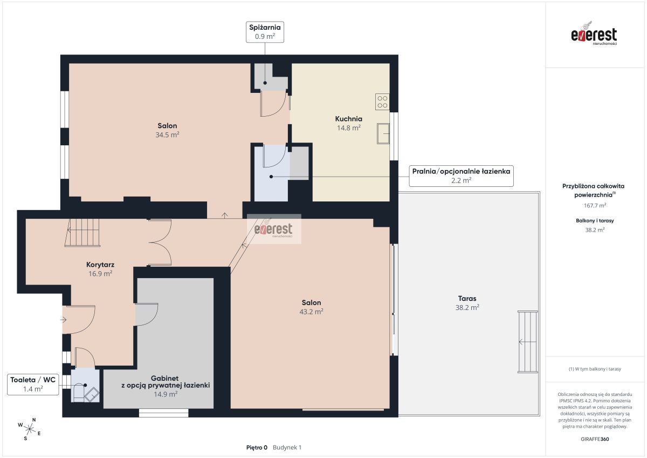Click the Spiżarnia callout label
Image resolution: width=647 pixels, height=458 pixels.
pyautogui.click(x=265, y=32)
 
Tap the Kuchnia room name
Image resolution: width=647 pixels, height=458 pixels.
pyautogui.click(x=349, y=119)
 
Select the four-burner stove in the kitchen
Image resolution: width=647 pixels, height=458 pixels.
pyautogui.click(x=382, y=102)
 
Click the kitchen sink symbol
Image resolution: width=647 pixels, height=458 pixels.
pyautogui.click(x=383, y=133)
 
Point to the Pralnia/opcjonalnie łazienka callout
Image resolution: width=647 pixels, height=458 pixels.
pyautogui.click(x=462, y=176)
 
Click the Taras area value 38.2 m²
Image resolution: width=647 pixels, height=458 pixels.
pyautogui.click(x=467, y=307)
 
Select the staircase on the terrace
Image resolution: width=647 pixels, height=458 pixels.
pyautogui.click(x=528, y=342)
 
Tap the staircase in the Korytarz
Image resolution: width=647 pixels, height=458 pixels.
pyautogui.click(x=82, y=233)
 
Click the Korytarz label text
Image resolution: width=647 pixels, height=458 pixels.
pyautogui.click(x=100, y=265)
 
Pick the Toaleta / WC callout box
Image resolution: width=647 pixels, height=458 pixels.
pyautogui.click(x=33, y=385)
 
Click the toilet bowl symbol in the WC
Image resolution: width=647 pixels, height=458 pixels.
pyautogui.click(x=78, y=393)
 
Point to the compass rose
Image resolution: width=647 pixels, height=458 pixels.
pyautogui.click(x=30, y=429)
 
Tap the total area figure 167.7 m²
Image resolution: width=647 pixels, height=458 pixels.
pyautogui.click(x=595, y=205)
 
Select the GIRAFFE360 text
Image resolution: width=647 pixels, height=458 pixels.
pyautogui.click(x=595, y=439)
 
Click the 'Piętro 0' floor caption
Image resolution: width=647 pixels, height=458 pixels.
pyautogui.click(x=257, y=448)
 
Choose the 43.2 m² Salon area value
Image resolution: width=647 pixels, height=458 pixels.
pyautogui.click(x=312, y=312)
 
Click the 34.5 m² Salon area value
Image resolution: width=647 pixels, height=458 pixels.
pyautogui.click(x=167, y=135)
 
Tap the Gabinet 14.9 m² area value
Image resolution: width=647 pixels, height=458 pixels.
pyautogui.click(x=166, y=394)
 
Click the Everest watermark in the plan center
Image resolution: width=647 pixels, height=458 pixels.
pyautogui.click(x=274, y=229)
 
